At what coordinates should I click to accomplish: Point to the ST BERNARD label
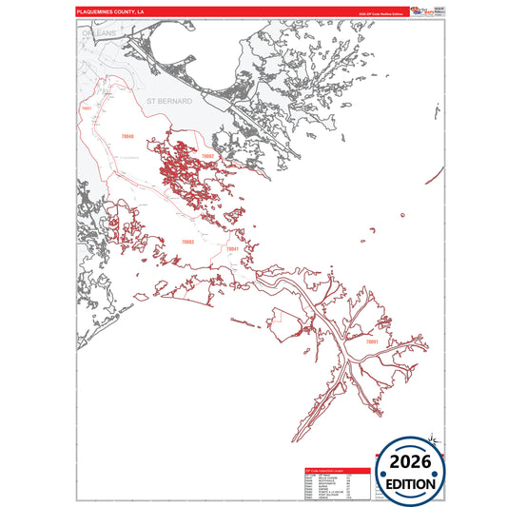point(169,99)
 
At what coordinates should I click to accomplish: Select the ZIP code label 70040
point(128,138)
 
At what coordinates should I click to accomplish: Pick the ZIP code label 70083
point(187,242)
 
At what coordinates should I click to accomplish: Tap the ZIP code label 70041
point(233,248)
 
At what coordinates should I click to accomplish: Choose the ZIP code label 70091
point(371,340)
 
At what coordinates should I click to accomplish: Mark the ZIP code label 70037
point(88,109)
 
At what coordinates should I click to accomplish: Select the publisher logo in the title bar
point(415,11)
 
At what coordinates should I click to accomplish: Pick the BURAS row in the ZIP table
point(328,486)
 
